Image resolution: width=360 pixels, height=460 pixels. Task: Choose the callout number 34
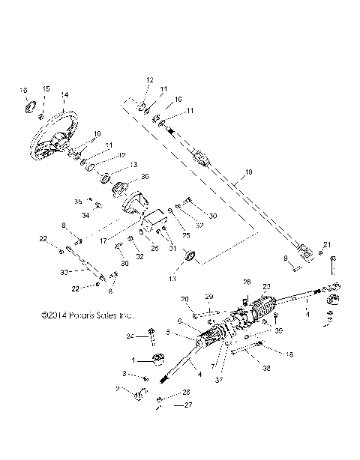coord(85,215)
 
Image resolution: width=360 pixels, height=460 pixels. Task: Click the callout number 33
coord(64,270)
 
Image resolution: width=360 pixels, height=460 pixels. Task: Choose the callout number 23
coord(265,287)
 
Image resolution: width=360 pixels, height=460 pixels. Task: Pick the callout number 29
coord(210,297)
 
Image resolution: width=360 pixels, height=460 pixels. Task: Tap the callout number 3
coord(124,373)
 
